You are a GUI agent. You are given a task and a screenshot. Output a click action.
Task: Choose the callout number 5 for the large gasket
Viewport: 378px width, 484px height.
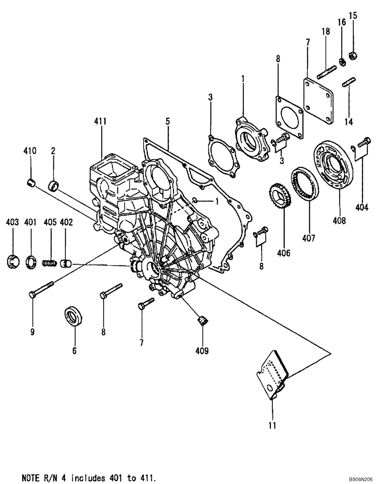pos(167,121)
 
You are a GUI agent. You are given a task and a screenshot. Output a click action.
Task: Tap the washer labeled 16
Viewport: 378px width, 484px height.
pos(341,61)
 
